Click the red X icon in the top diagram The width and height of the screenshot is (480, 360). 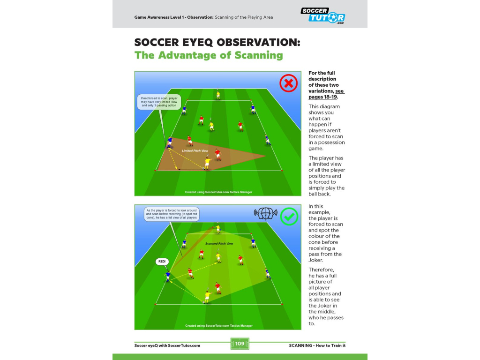(x=289, y=83)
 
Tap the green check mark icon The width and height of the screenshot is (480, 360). (x=289, y=217)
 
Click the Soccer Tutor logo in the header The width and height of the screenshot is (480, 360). (x=323, y=15)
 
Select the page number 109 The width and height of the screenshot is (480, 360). (x=240, y=344)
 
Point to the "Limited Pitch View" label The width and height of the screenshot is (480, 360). (x=195, y=150)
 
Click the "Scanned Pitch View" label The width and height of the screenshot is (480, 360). (x=219, y=244)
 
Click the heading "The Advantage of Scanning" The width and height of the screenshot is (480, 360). (x=209, y=55)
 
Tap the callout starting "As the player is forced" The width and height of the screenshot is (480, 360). (x=172, y=214)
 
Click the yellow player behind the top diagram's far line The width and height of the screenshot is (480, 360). (x=218, y=95)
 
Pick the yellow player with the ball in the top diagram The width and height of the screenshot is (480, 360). (x=207, y=162)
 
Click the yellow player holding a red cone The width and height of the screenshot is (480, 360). (x=218, y=228)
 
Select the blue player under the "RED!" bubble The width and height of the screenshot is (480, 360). (x=167, y=276)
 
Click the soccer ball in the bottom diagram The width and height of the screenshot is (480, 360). (x=204, y=302)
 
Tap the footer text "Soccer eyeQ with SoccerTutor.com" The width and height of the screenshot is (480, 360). (x=167, y=345)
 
